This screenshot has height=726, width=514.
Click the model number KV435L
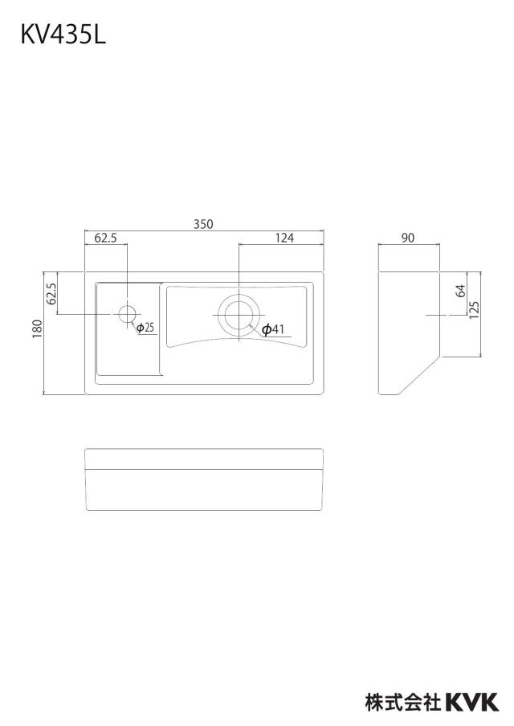point(63,35)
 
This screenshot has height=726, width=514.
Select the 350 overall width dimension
point(203,224)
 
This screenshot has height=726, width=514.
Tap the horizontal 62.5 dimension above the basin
point(105,238)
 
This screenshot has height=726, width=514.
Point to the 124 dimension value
point(284,238)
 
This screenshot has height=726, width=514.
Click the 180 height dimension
point(38,328)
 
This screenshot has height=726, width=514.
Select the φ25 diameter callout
point(145,328)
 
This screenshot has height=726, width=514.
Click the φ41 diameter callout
point(272,329)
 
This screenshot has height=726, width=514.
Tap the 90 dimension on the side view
point(408,238)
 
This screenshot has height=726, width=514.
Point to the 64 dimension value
point(460,291)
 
